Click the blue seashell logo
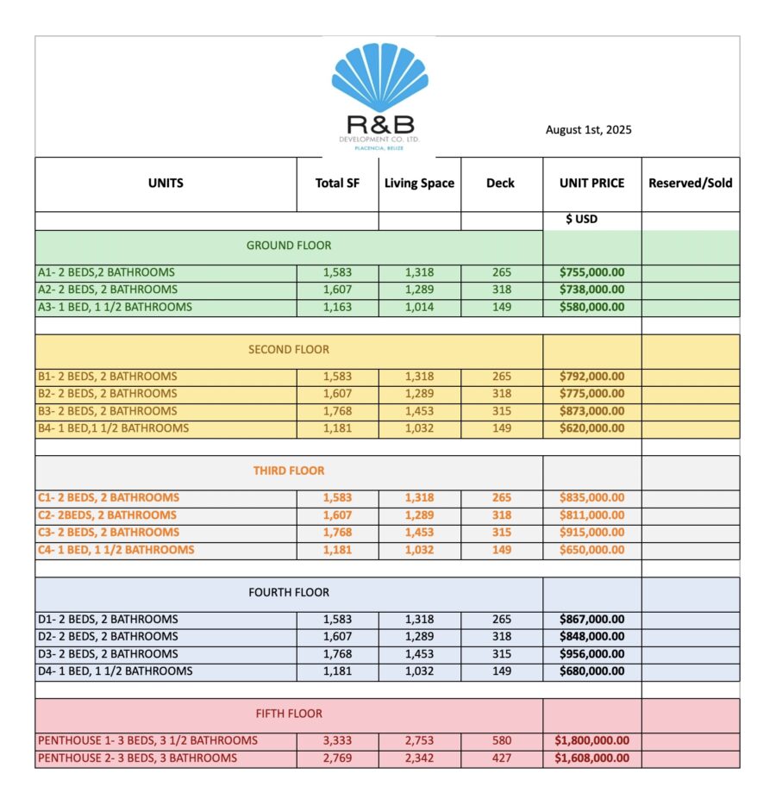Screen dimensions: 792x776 pos(379,78)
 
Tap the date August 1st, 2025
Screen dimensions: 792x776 pos(588,130)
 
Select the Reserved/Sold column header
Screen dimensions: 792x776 pos(690,184)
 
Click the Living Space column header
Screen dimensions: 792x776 pos(419,184)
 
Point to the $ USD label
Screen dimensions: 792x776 pos(581,220)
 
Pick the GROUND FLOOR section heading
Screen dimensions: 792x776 pos(288,246)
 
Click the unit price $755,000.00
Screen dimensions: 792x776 pos(591,272)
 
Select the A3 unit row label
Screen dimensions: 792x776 pos(115,307)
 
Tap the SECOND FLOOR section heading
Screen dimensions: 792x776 pos(288,350)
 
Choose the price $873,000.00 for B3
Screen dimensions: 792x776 pos(591,411)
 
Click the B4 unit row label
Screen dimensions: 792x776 pos(113,428)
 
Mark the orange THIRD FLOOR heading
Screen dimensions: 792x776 pos(288,471)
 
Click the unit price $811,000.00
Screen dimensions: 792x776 pos(591,515)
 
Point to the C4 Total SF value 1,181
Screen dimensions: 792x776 pos(337,550)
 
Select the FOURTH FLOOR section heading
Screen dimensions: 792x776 pos(288,593)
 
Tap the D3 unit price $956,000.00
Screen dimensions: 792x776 pos(591,654)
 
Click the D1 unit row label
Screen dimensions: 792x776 pos(108,620)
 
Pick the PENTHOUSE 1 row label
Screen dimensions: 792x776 pos(147,741)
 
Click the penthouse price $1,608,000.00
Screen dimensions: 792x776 pos(591,758)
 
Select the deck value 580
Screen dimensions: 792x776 pos(502,741)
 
